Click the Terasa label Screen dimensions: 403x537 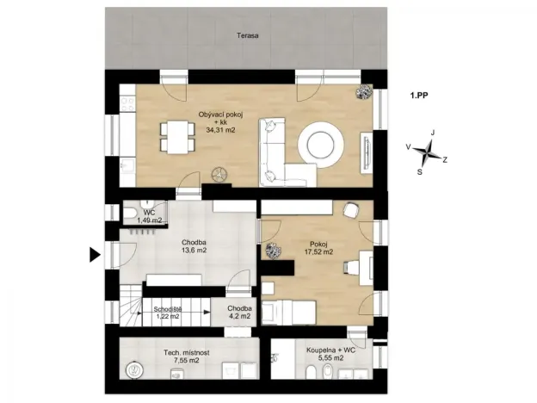point(250,36)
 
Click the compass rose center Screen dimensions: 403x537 point(425,152)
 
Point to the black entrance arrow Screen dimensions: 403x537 point(95,254)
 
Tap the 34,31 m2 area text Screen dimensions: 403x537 point(220,130)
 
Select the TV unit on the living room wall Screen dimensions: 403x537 point(367,152)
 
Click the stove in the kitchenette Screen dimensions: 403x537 point(127,102)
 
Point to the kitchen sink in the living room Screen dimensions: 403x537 point(127,164)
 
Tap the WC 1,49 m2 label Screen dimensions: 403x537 point(149,217)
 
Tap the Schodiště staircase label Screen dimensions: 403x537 point(166,312)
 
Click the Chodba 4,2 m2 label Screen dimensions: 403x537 point(238,312)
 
